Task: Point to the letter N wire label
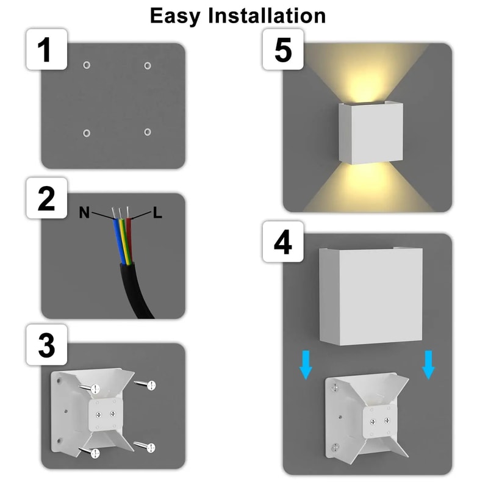tap(84, 213)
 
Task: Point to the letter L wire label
tap(157, 213)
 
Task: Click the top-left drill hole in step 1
tap(87, 65)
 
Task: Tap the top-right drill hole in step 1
tap(147, 65)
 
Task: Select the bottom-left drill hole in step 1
tap(87, 132)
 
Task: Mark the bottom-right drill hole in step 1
tap(147, 131)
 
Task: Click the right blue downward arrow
tap(429, 365)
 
